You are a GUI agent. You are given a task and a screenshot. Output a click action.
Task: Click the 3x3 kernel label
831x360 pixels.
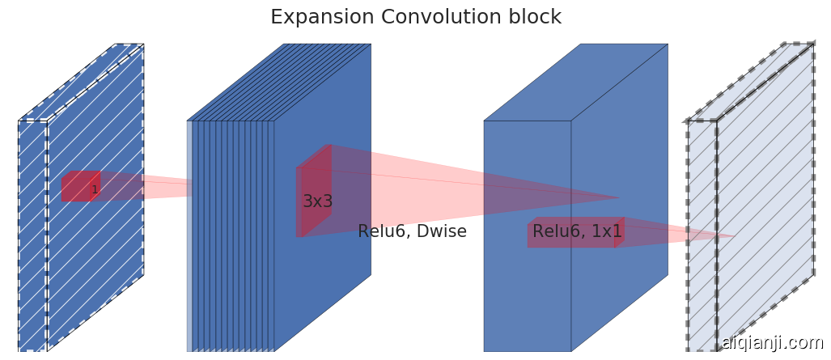(x=317, y=202)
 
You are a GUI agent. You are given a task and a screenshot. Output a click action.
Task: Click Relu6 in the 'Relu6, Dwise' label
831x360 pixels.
(x=383, y=232)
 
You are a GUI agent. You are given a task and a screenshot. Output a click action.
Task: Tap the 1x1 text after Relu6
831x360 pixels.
(x=606, y=232)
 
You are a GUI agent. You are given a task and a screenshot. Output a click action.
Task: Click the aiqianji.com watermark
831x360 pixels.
(x=772, y=343)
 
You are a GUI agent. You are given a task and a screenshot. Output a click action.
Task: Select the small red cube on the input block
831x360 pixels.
(x=79, y=187)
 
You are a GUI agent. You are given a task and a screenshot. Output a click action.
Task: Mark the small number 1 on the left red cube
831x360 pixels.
(x=94, y=190)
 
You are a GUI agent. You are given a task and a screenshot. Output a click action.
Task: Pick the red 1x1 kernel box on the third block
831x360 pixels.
(x=571, y=235)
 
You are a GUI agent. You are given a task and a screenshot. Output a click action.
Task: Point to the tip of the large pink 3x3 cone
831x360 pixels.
(x=619, y=197)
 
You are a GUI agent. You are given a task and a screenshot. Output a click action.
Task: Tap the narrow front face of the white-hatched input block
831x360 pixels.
(x=32, y=243)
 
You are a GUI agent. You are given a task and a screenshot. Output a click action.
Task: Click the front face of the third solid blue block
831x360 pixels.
(x=527, y=299)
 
